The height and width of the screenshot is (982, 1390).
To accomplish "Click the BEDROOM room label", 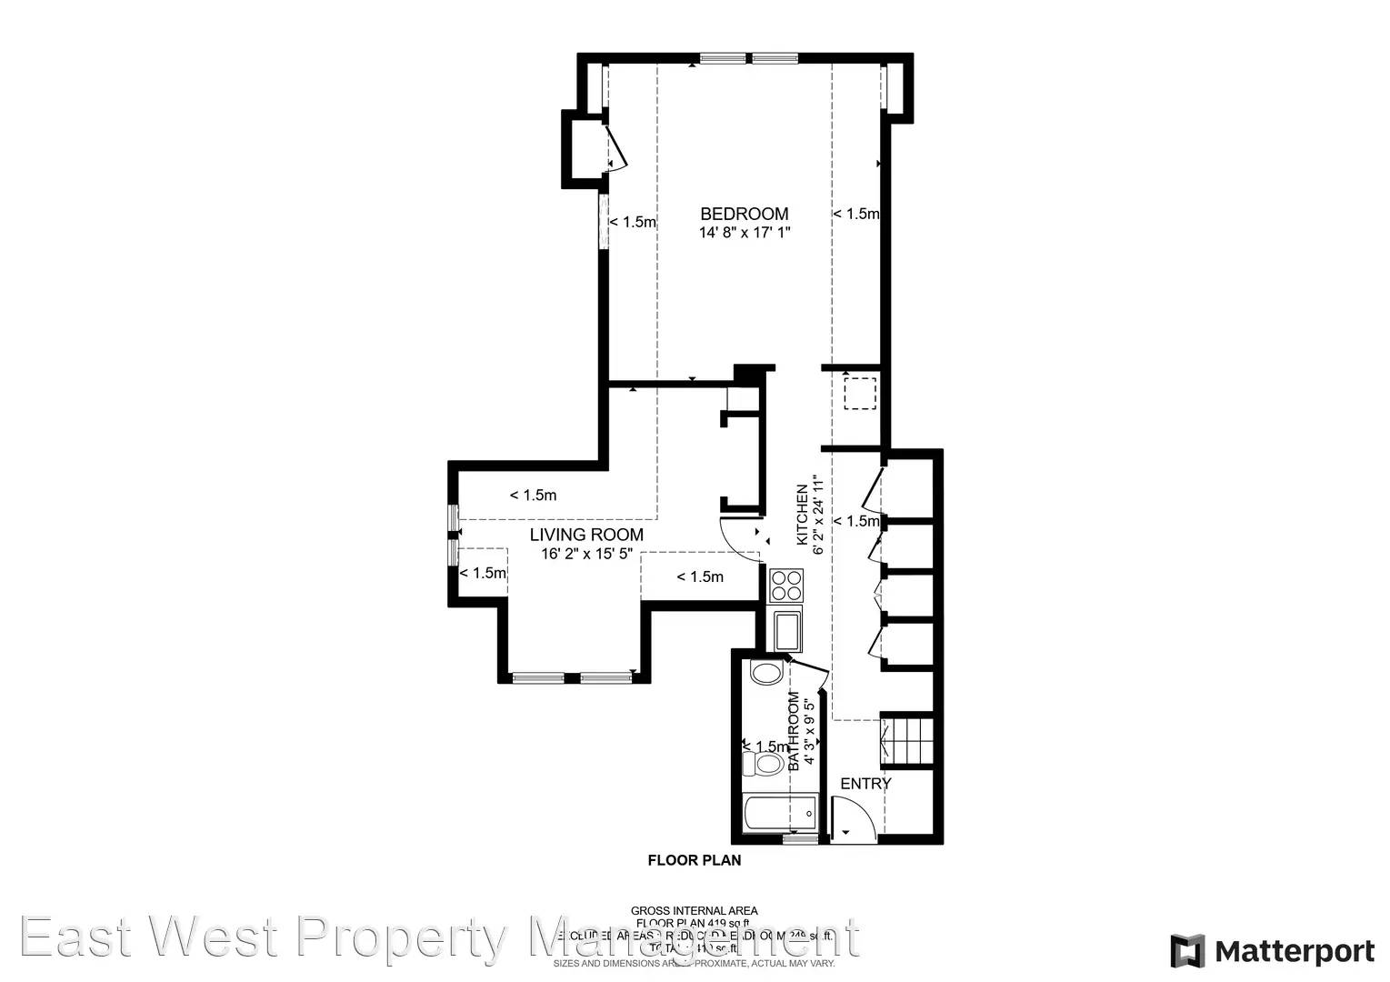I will pos(744,214).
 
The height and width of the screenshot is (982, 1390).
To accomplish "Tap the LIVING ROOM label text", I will pos(586,535).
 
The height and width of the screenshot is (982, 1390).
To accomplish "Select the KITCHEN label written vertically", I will pos(802,515).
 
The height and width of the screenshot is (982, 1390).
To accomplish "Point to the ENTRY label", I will pos(865,784).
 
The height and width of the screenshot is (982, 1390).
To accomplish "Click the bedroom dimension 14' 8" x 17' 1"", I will pos(744,233).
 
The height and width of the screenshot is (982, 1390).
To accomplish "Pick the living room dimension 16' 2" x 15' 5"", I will pos(586,554).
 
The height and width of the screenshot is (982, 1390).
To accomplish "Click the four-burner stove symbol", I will pos(785,585).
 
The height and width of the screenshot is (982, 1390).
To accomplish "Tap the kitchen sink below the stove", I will pos(786,629).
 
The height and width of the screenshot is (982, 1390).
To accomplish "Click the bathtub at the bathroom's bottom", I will pos(779,811).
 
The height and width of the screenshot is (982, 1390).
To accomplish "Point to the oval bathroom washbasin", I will pos(767,674).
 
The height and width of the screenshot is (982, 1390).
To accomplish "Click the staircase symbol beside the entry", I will pos(907,740).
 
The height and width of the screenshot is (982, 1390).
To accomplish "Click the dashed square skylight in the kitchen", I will pos(859,394).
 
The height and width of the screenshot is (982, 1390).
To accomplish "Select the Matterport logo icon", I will pos(1186,951).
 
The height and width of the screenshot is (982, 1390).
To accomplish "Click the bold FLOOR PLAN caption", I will pos(694,860).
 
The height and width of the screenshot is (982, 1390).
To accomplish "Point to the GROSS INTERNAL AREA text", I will pos(694,910).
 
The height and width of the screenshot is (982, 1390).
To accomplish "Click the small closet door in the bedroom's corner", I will pos(615,149).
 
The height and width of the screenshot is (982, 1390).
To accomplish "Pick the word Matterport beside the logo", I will pos(1295,952).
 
